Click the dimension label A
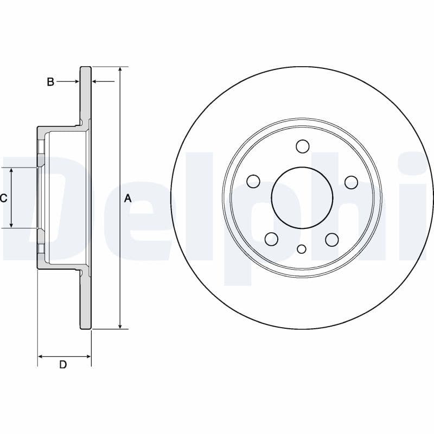click(128, 199)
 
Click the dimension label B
click(50, 82)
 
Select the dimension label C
click(4, 199)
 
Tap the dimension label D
click(63, 365)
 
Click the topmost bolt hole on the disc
click(302, 146)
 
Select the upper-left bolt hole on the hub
click(253, 181)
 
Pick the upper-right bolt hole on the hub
click(351, 182)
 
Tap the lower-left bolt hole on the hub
click(271, 239)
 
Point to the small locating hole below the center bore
click(302, 249)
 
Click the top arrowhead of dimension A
click(119, 70)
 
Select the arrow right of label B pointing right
click(76, 81)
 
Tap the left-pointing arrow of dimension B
click(95, 81)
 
